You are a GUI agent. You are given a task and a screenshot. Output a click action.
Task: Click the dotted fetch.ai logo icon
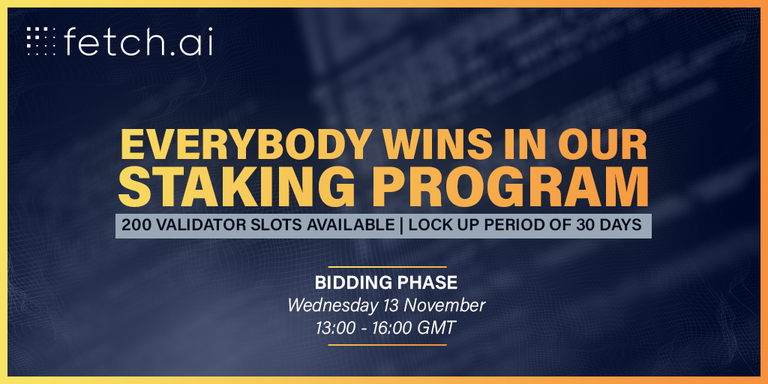coord(41,41)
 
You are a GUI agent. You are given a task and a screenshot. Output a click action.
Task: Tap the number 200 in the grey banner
coord(133,225)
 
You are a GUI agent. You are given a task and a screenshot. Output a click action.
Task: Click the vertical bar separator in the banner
coord(402,225)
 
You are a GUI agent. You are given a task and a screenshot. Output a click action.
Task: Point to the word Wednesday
coord(332,306)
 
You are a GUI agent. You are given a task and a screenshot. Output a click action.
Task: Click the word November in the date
coord(443,306)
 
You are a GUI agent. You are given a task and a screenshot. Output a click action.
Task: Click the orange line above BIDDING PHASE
coord(387,268)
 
